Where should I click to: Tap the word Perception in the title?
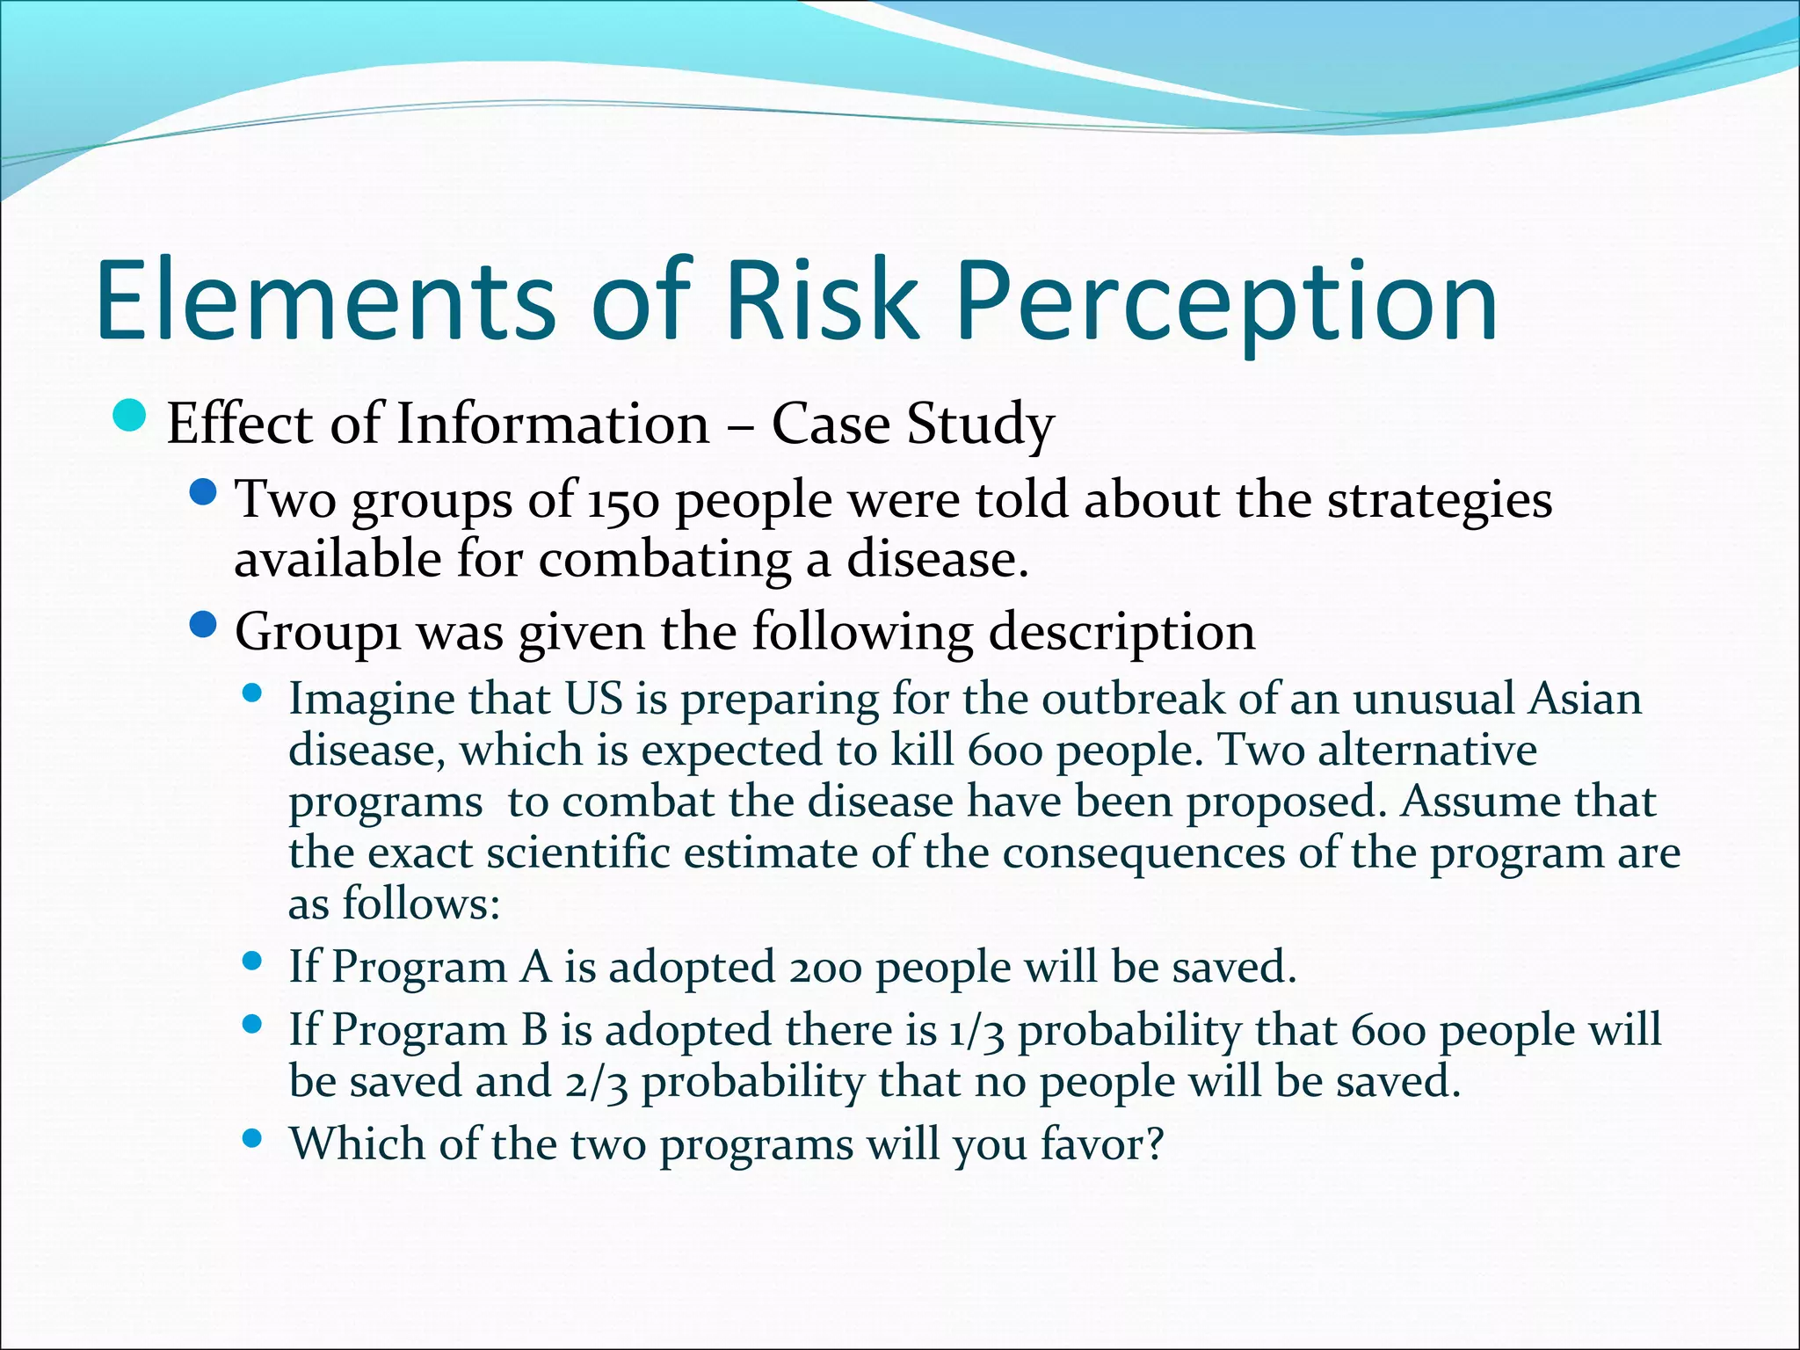(x=1227, y=301)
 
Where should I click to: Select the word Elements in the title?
(x=325, y=301)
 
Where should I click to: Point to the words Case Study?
(x=912, y=425)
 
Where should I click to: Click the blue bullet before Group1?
(x=203, y=626)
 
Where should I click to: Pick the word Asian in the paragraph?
(x=1585, y=700)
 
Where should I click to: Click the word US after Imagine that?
(x=593, y=700)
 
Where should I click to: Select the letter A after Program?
(x=534, y=968)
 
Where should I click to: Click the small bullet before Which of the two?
(x=252, y=1140)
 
